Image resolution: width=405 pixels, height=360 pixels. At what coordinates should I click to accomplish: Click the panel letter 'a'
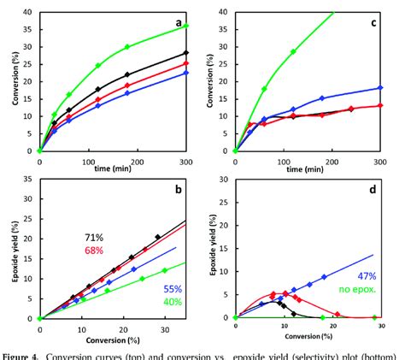point(178,25)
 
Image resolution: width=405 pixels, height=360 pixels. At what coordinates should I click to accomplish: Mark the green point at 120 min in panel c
point(293,51)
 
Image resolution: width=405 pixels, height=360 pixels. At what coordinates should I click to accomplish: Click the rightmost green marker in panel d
point(373,317)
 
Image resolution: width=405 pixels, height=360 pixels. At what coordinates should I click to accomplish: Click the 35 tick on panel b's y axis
point(29,180)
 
